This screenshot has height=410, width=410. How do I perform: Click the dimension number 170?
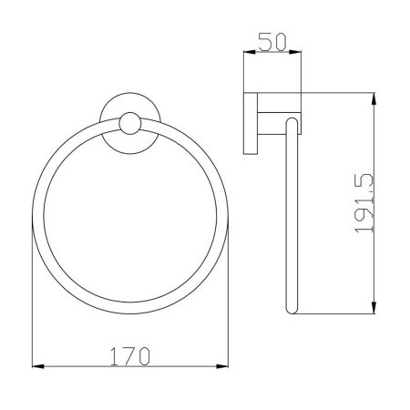point(130,356)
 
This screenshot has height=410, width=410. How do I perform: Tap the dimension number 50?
point(272,42)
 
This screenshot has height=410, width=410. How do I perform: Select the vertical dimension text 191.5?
point(364,203)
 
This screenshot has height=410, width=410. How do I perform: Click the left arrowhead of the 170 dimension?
point(38,366)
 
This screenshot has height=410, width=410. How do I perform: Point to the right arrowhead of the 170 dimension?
point(222,366)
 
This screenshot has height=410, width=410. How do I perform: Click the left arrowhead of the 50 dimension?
point(249,52)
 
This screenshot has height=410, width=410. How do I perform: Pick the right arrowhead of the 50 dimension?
point(295,52)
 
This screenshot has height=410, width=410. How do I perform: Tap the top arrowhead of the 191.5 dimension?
point(374,98)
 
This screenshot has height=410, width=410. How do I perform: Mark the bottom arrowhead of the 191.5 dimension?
point(374,308)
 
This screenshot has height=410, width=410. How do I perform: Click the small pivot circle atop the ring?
point(130,123)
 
